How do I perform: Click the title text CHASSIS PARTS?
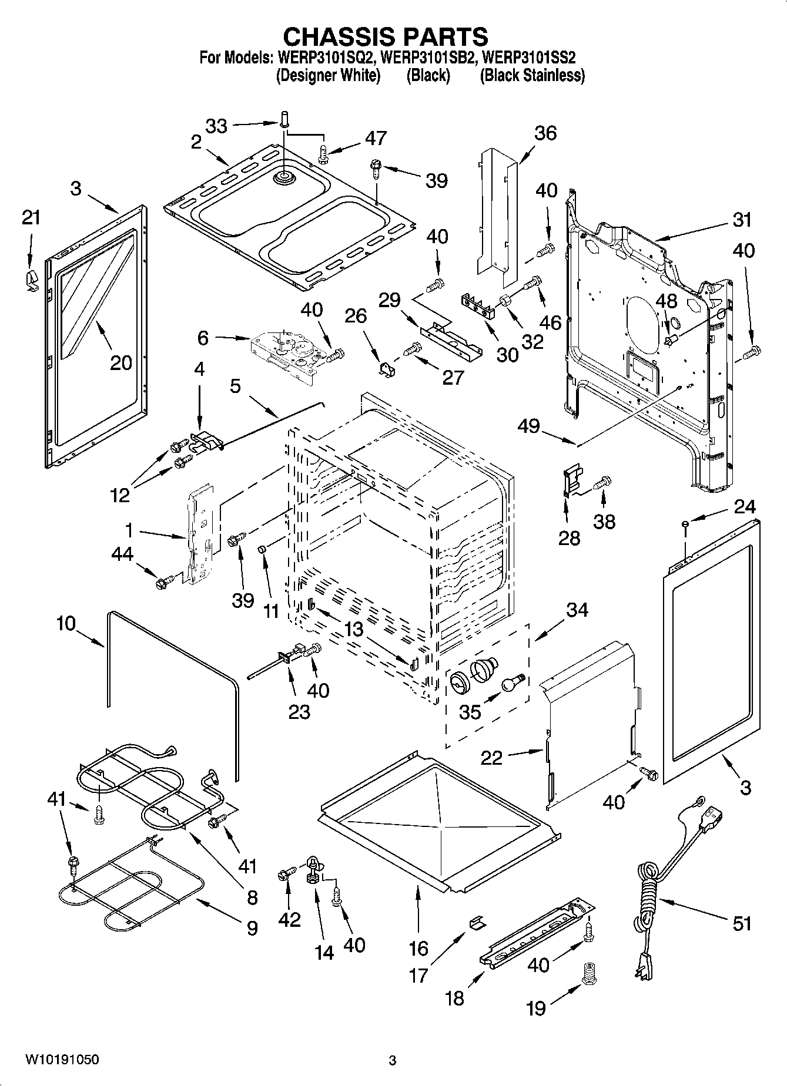pyautogui.click(x=385, y=36)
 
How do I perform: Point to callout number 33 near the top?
pyautogui.click(x=216, y=126)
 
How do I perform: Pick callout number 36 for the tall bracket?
pyautogui.click(x=545, y=133)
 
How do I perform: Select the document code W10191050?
pyautogui.click(x=62, y=1060)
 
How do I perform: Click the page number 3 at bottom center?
pyautogui.click(x=393, y=1060)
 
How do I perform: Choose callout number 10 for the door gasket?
pyautogui.click(x=66, y=623)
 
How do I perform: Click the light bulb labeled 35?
pyautogui.click(x=512, y=682)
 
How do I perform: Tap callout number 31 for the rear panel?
pyautogui.click(x=742, y=220)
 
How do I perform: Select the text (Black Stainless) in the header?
pyautogui.click(x=532, y=75)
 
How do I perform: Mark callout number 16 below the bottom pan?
pyautogui.click(x=418, y=948)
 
